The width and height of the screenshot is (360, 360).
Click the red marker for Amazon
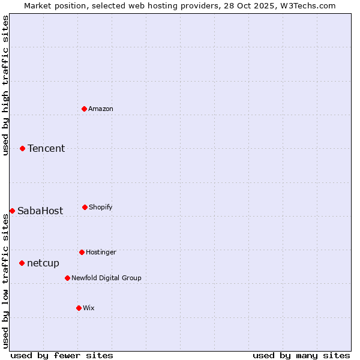click(84, 109)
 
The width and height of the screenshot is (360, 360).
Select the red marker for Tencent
click(22, 148)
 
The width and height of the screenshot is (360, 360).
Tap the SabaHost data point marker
click(12, 211)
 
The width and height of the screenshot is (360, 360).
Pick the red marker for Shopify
click(85, 207)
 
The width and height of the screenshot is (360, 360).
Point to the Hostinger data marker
click(82, 252)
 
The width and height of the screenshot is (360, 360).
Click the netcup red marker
click(22, 263)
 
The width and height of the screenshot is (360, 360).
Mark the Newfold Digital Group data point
click(67, 278)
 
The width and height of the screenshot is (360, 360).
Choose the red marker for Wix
click(79, 308)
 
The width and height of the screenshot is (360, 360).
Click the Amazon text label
click(101, 109)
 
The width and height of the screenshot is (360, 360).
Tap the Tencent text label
click(46, 148)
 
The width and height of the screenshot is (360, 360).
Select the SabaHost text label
click(40, 211)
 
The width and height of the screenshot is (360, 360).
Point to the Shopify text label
click(101, 207)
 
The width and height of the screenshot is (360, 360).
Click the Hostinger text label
click(101, 252)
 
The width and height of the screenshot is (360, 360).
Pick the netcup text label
click(43, 263)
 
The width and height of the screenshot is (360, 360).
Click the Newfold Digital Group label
click(106, 278)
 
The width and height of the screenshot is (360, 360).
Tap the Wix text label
click(89, 308)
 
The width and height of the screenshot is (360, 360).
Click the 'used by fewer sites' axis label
click(62, 355)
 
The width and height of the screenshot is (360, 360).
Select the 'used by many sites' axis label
click(301, 355)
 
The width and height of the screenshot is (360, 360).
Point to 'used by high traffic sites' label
click(5, 85)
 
